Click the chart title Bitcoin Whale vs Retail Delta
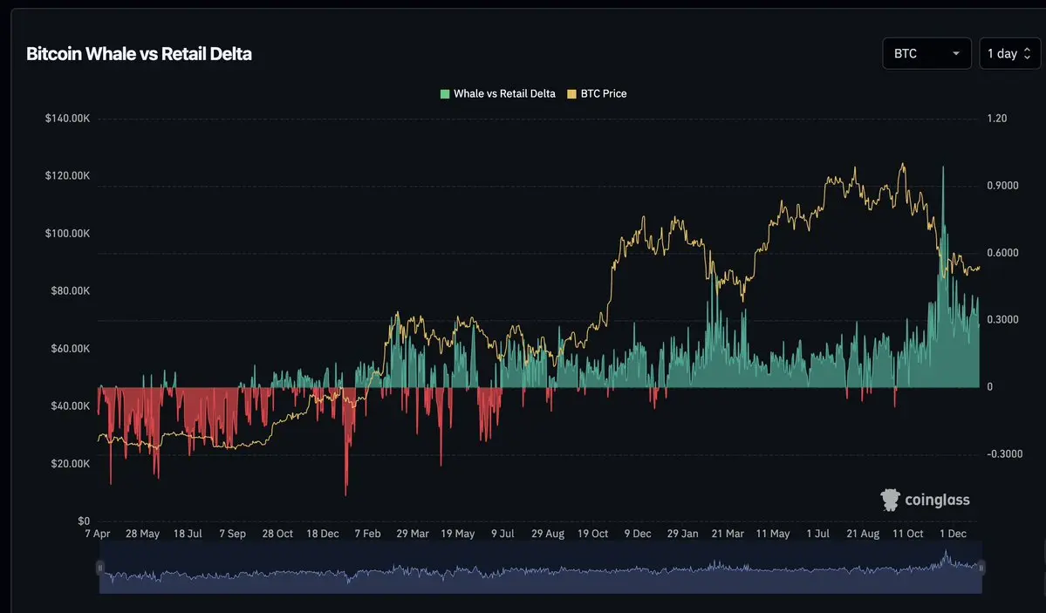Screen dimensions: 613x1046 [x=139, y=54]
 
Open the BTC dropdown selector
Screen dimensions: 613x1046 [x=926, y=53]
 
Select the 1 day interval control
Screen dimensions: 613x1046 [x=1009, y=53]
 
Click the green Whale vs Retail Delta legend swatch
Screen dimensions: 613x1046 [x=445, y=93]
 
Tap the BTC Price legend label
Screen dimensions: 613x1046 [x=604, y=93]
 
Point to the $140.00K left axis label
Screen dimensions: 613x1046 [x=67, y=118]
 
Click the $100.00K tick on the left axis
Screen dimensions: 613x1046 [x=67, y=234]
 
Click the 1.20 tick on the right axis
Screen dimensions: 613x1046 [x=997, y=118]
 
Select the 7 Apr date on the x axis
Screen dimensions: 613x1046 [x=97, y=534]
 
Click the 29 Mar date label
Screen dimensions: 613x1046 [x=413, y=534]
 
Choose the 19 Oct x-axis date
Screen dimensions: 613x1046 [x=593, y=534]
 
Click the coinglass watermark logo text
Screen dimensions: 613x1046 [x=937, y=501]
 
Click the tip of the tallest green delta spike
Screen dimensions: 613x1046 [x=943, y=167]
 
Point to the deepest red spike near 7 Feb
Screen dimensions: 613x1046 [x=346, y=494]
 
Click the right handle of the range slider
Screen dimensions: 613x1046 [x=981, y=568]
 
